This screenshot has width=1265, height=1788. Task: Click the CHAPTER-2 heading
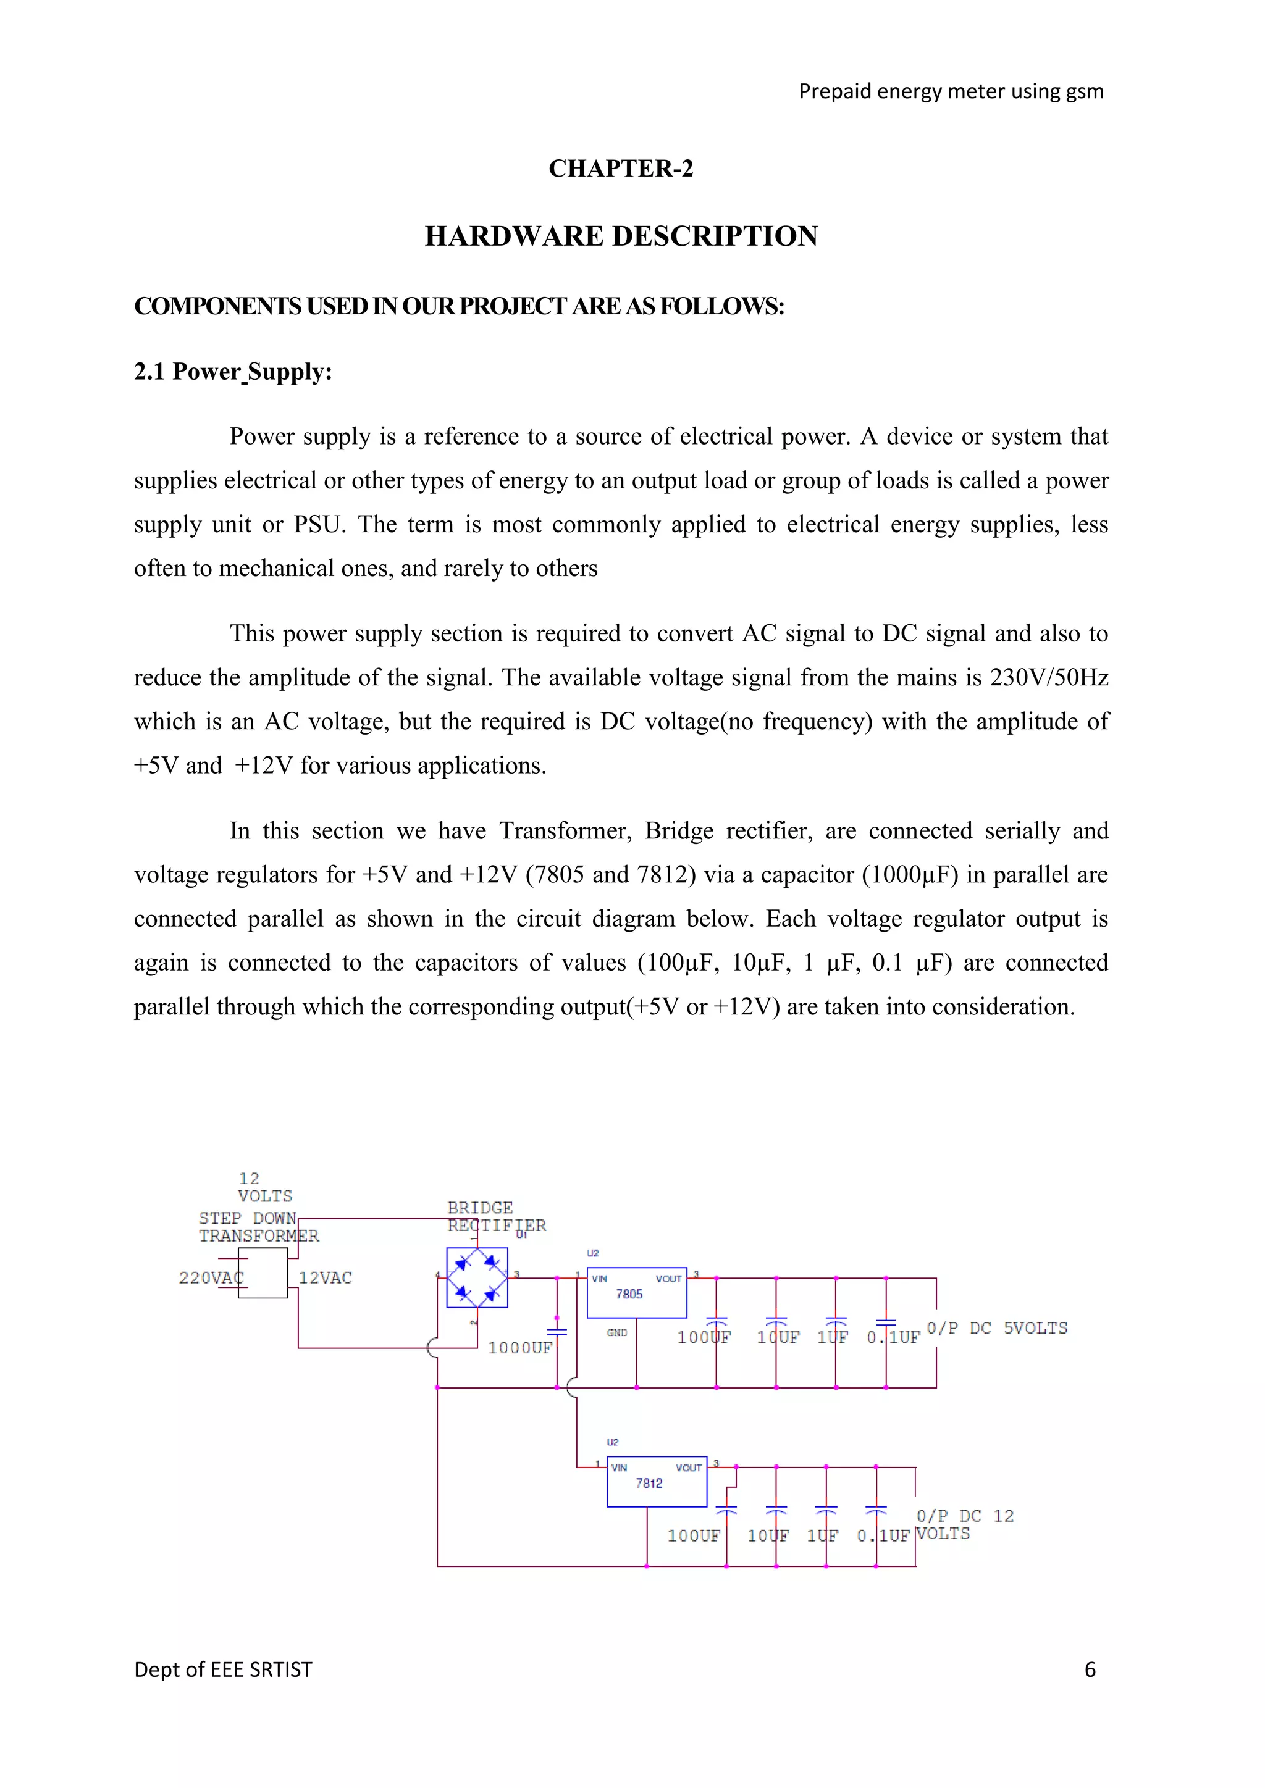(x=621, y=168)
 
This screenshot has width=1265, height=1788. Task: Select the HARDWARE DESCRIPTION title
(x=621, y=236)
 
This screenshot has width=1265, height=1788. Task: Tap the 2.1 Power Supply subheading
(x=233, y=372)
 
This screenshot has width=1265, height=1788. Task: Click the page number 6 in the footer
(x=1090, y=1669)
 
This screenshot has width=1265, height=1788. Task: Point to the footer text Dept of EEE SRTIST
(x=223, y=1669)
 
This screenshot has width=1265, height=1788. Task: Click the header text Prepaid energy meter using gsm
(x=951, y=92)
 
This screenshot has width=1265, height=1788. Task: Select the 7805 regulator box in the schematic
(x=636, y=1293)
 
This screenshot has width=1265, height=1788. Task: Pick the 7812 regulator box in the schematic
(x=657, y=1482)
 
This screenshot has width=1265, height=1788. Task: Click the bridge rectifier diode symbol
(x=477, y=1278)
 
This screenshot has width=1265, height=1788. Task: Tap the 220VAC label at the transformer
(x=210, y=1278)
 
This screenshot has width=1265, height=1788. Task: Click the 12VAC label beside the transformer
(x=325, y=1278)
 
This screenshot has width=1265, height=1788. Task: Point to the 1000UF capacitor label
(x=519, y=1348)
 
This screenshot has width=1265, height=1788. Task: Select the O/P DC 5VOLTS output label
(x=997, y=1328)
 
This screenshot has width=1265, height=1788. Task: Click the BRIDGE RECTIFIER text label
(x=496, y=1216)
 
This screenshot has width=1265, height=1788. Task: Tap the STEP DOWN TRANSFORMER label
(x=259, y=1227)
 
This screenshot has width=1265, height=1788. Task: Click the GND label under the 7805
(x=617, y=1332)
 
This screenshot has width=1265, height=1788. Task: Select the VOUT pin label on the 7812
(x=689, y=1468)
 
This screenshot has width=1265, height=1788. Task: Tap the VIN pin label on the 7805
(x=599, y=1279)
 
